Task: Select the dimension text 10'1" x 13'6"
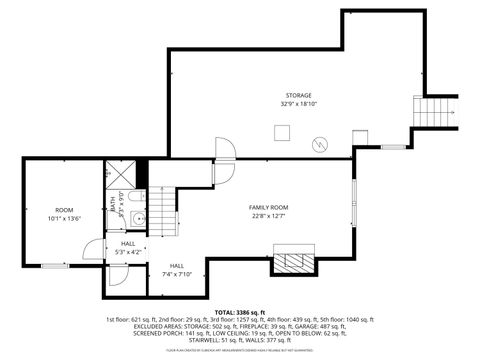click(65, 217)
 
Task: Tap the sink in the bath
click(139, 217)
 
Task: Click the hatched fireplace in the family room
click(293, 263)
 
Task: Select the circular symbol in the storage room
click(318, 144)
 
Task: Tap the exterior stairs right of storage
click(435, 112)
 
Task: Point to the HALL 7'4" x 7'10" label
click(176, 271)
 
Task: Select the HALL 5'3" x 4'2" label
click(128, 247)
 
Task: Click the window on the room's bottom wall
click(54, 265)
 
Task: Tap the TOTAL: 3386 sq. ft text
click(240, 312)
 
